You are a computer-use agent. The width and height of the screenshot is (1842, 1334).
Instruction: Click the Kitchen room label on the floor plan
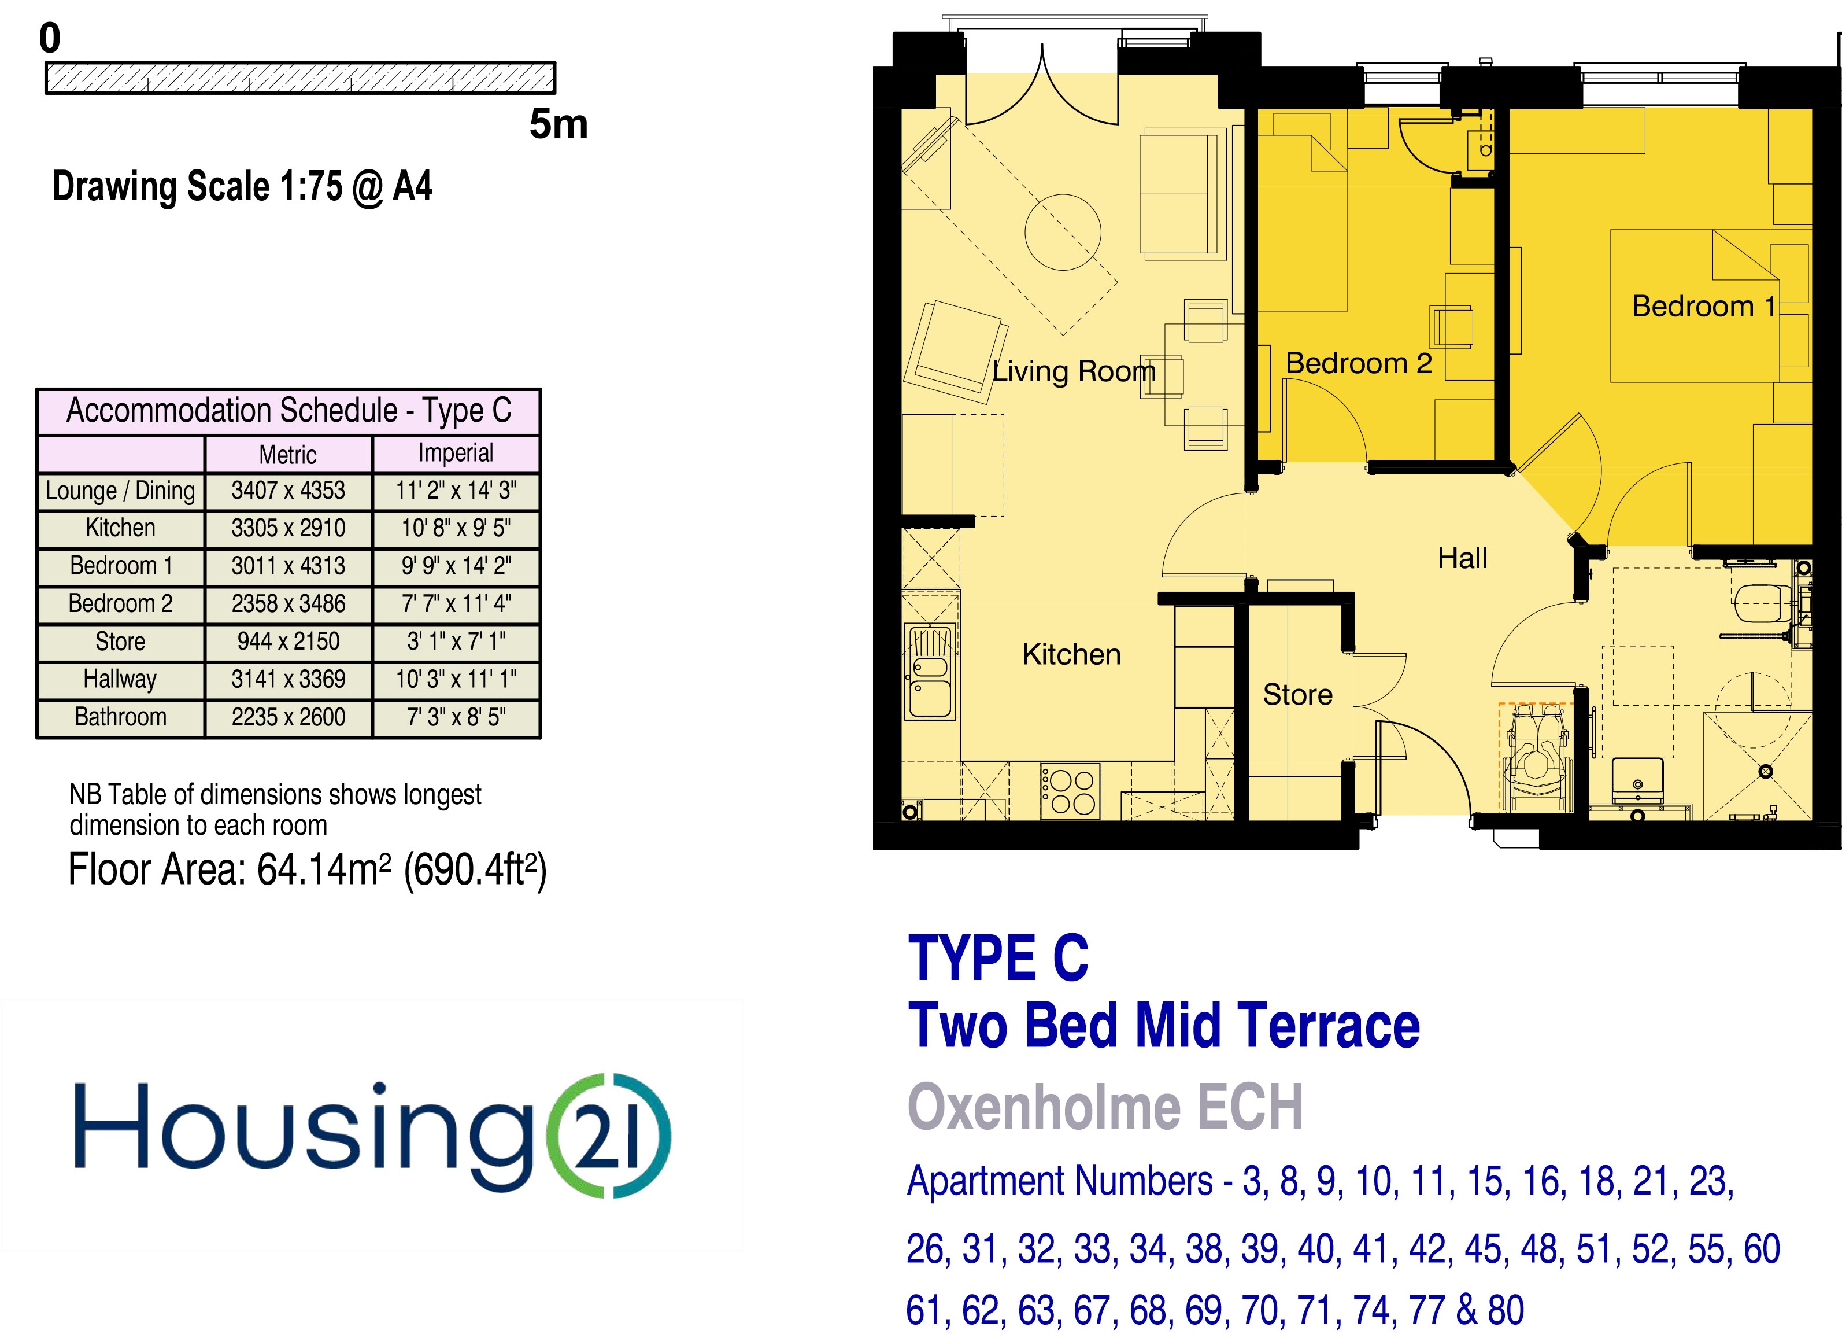1071,654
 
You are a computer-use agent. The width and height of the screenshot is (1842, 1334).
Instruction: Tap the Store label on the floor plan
1297,695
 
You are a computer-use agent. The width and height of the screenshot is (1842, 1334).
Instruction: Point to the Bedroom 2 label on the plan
1359,363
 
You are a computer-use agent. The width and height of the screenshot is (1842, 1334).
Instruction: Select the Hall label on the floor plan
1462,558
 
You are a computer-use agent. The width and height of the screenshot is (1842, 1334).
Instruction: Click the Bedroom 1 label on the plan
1704,306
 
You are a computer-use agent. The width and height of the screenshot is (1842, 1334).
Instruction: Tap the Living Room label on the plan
1074,371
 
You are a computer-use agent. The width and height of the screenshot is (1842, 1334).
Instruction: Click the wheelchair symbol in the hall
1534,756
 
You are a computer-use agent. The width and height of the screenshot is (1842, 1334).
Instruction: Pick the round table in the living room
1062,231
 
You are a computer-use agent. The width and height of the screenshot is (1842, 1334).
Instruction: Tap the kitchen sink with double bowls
930,673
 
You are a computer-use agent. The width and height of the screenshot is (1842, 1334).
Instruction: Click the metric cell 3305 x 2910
288,528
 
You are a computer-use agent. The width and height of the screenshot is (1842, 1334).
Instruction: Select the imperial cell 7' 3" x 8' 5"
456,717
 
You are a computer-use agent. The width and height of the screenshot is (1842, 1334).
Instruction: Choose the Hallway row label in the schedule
120,679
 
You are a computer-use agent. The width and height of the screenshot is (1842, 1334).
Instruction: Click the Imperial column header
456,454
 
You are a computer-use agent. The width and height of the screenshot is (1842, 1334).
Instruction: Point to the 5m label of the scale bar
558,124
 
